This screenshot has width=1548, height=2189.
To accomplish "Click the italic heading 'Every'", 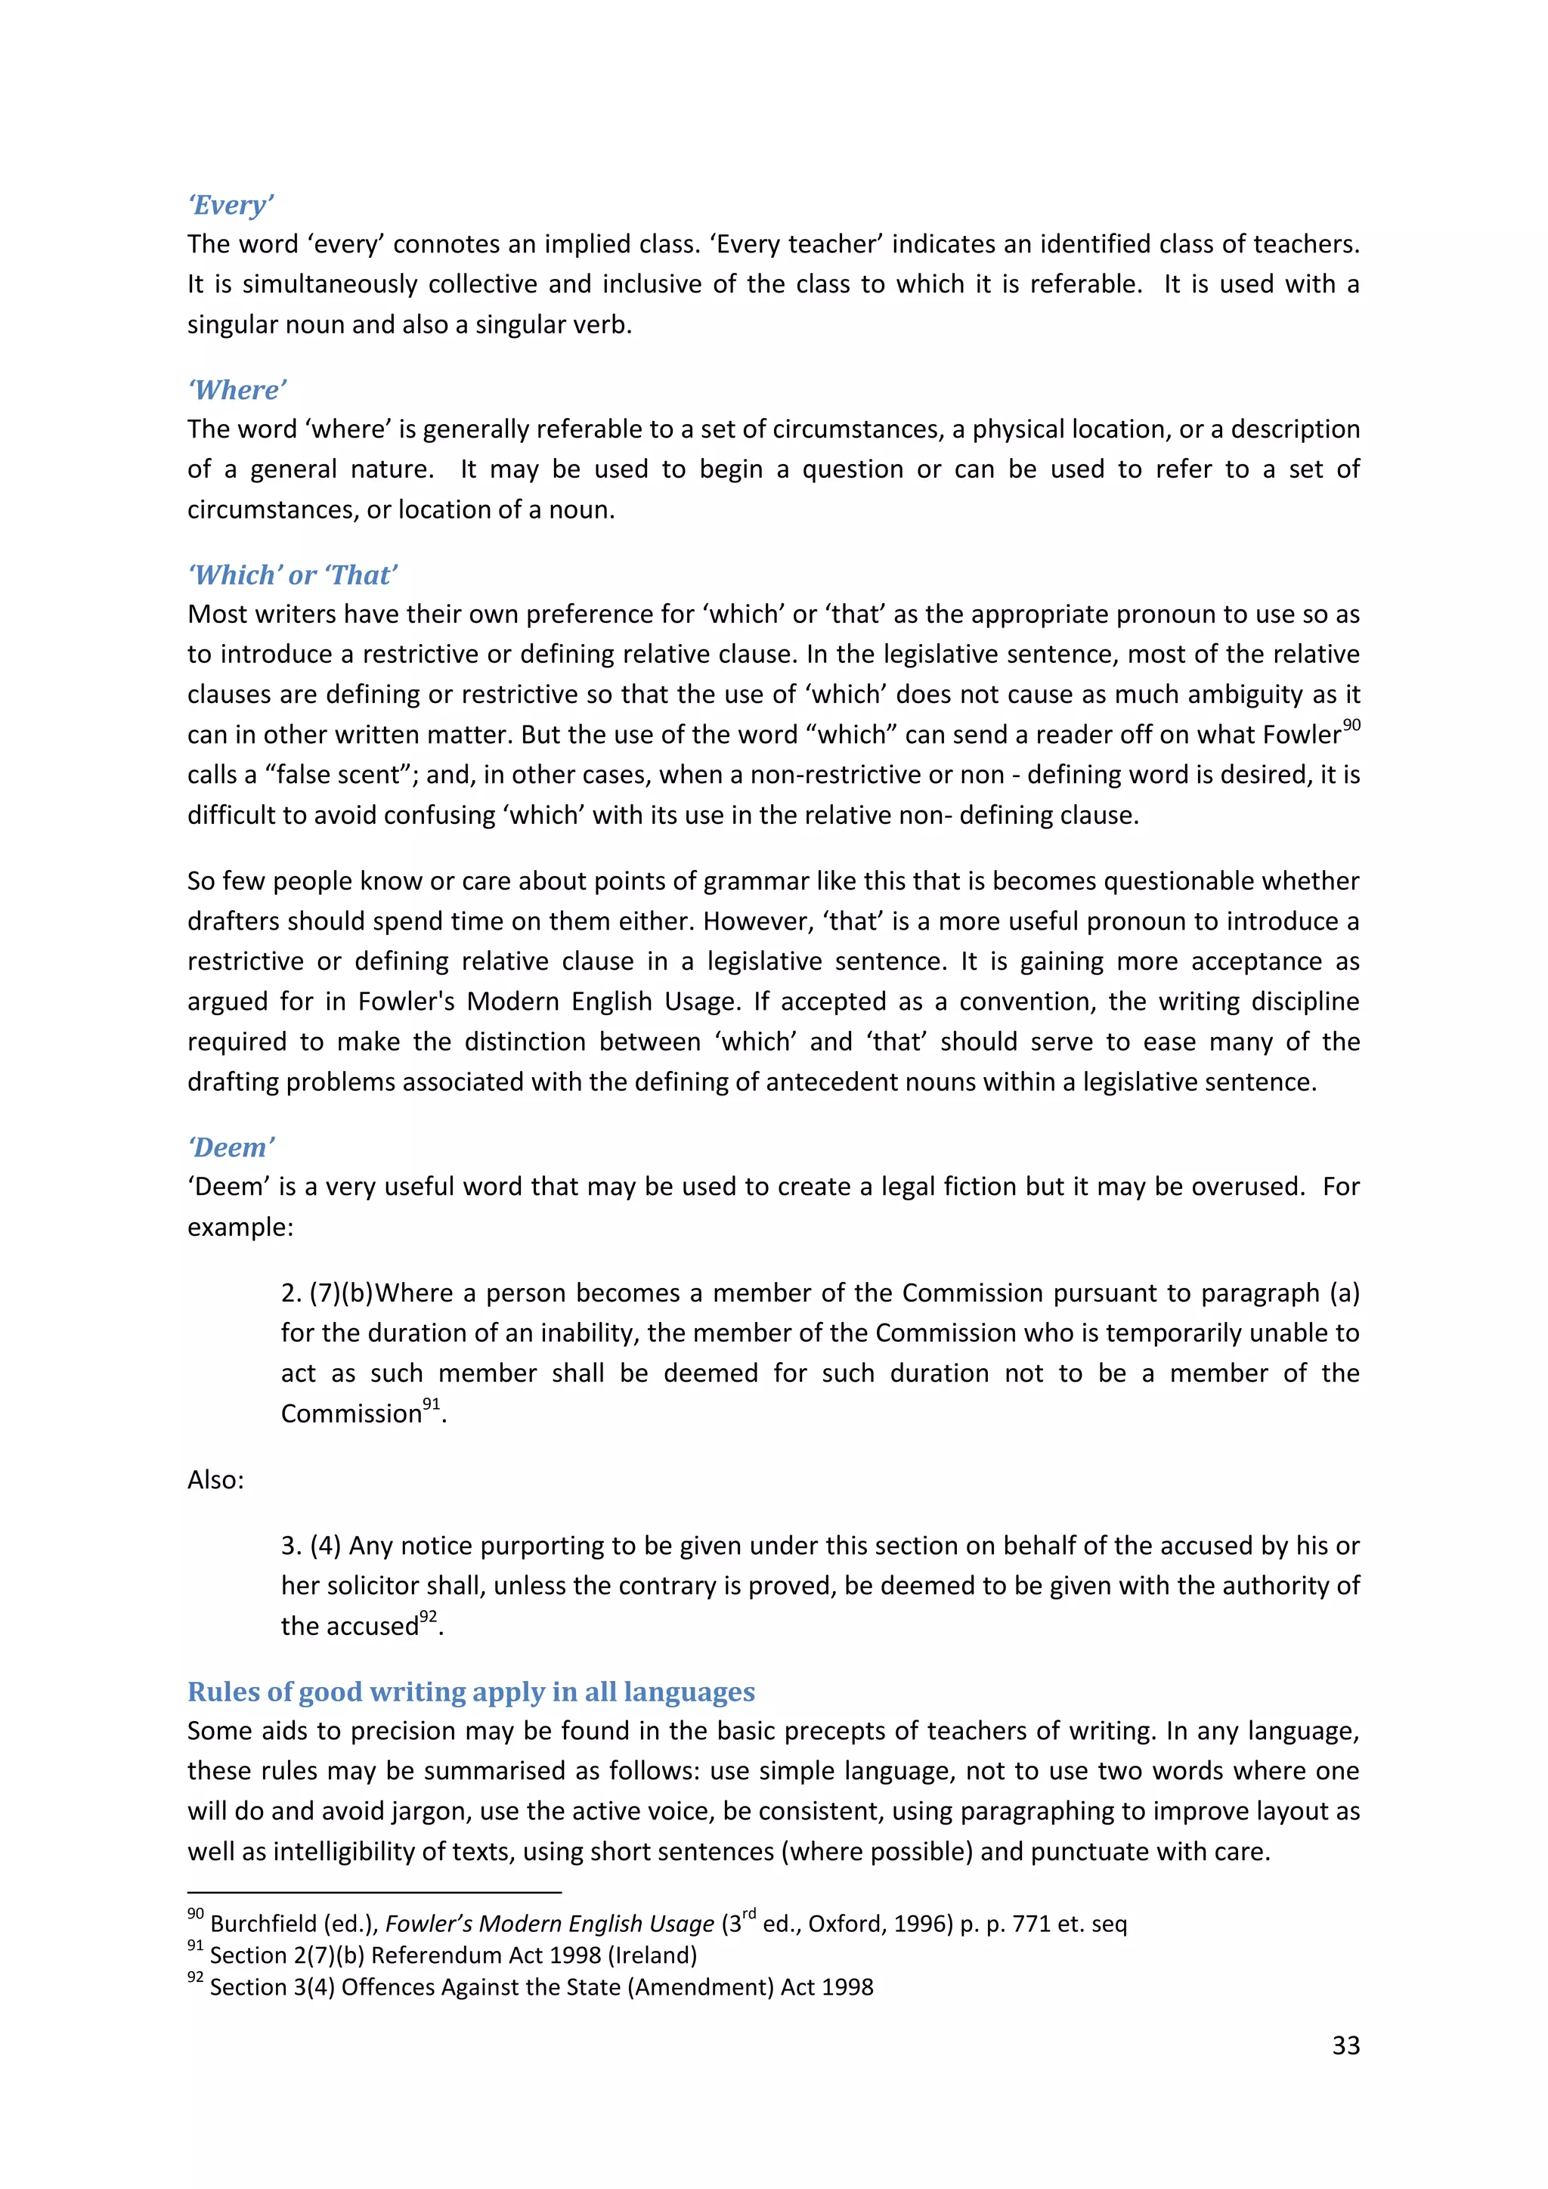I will point(231,205).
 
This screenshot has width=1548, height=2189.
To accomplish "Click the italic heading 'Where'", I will point(237,390).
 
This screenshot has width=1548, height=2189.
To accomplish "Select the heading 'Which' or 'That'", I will point(293,575).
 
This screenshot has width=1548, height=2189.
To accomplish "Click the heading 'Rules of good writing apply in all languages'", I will point(471,1692).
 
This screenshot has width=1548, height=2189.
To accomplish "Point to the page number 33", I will point(1345,2045).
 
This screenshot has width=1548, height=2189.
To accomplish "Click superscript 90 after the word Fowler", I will point(1351,726).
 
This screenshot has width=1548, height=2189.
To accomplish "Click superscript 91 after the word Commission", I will point(432,1404).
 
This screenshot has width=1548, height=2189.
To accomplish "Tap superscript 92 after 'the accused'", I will point(428,1616).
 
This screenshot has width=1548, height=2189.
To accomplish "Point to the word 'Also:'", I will point(215,1480).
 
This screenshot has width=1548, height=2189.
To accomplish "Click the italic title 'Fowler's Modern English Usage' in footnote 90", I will point(549,1924).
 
